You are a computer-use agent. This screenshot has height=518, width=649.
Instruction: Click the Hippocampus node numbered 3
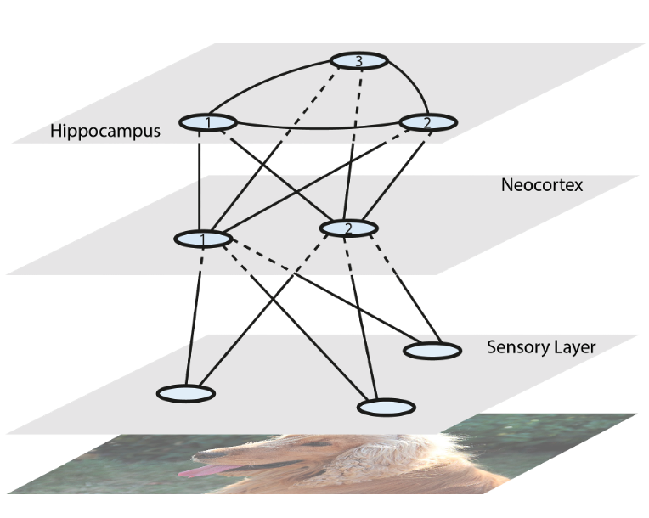coord(358,60)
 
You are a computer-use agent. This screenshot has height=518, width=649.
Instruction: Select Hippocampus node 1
coord(207,124)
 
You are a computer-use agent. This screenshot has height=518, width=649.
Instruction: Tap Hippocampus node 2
coord(427,123)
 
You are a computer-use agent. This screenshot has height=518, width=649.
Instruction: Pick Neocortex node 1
coord(202,239)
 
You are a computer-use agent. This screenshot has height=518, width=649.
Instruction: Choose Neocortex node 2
coord(348,228)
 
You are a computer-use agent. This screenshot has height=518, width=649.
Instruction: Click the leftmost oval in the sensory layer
coord(186,393)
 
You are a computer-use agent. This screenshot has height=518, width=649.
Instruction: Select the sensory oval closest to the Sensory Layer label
coord(432,349)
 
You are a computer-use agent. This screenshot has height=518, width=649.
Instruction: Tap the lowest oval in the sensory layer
coord(387,408)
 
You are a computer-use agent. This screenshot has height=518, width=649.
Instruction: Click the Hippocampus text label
coord(104,132)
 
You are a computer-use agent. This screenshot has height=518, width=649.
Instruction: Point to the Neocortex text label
coord(542,184)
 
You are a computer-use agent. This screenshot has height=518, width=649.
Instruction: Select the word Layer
coord(573,346)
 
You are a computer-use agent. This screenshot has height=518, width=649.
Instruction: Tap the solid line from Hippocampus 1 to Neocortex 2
coord(272,172)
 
